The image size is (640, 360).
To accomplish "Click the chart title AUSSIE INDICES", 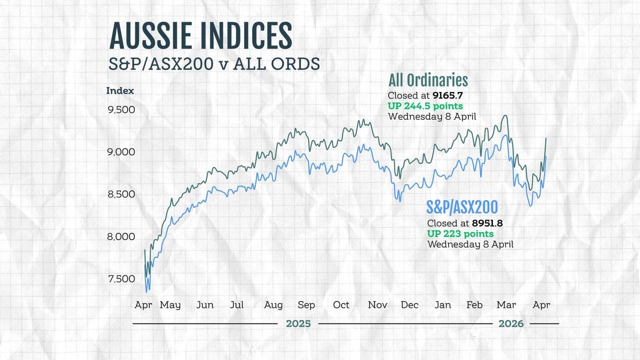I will pos(200,36).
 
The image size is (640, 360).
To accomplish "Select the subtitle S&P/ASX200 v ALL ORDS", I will pos(214,64).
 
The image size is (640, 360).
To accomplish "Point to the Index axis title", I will pos(120,91).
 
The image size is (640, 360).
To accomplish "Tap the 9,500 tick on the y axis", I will pos(121,109).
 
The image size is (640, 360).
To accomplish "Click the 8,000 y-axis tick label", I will pos(121,236).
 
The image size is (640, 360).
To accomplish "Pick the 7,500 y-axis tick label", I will pos(121,279).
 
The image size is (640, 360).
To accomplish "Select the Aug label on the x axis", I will pos(273,305).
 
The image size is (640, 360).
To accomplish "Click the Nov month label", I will pos(378,305).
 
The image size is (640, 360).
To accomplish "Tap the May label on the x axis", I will pos(170,305).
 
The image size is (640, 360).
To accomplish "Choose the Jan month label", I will pos(442,305).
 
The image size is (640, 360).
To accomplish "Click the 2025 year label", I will pos(298,324).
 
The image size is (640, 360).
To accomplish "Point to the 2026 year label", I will pos(511,324).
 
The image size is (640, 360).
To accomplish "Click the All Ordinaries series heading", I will pos(428,80).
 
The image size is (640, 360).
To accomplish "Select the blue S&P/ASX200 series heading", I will pos(462,207).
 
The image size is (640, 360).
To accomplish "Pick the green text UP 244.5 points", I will pos(425,106).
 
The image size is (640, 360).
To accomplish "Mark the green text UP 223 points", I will pos(460,234).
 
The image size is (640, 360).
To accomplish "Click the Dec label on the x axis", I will pos(409,305).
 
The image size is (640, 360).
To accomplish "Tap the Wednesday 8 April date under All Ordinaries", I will pos(432,116).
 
